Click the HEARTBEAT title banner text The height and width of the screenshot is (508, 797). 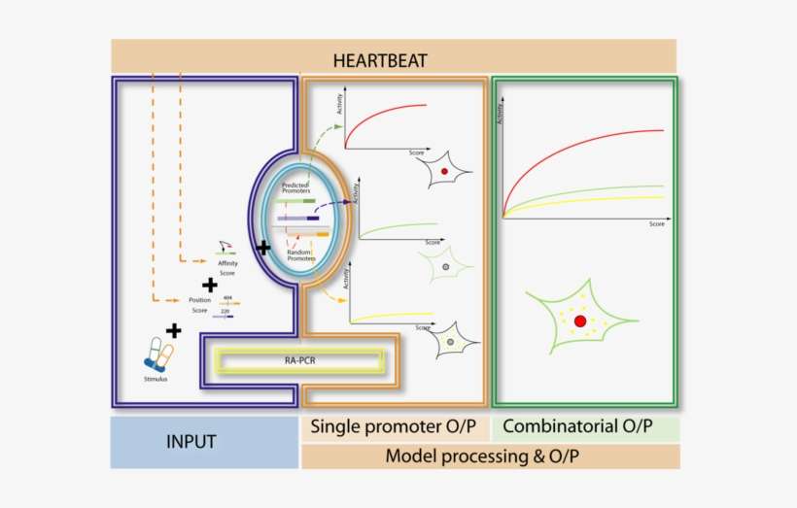pos(394,59)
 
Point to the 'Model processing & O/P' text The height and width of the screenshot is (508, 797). pos(490,456)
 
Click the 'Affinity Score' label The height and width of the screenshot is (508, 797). pos(227,267)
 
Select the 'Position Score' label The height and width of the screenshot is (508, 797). pos(200,305)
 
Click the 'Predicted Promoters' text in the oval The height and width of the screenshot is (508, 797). pos(295,187)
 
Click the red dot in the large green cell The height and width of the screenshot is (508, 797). pos(580,321)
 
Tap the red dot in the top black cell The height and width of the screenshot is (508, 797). pos(444,171)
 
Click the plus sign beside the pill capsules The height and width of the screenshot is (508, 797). pos(173,331)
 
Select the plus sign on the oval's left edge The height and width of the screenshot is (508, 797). pos(262,249)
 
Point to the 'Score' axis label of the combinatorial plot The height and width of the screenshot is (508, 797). pos(657,224)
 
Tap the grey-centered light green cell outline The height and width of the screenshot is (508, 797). pos(445,264)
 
